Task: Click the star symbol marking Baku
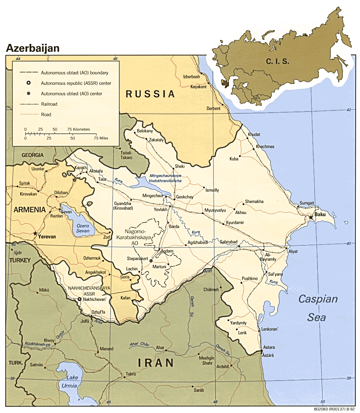tap(311, 217)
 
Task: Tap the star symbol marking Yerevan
tap(35, 233)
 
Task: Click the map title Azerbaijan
tap(32, 48)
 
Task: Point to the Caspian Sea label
tap(318, 308)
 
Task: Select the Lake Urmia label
tap(72, 382)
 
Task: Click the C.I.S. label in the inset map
tap(278, 61)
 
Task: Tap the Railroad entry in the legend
tap(49, 104)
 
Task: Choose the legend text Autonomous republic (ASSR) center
tap(76, 83)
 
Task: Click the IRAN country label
tap(155, 363)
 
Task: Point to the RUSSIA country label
tap(150, 94)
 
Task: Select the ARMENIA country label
tap(30, 210)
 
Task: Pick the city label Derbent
tap(213, 108)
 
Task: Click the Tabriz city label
tap(131, 374)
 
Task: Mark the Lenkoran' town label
tap(271, 329)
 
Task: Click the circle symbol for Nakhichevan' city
tap(80, 299)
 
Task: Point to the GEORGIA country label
tap(32, 155)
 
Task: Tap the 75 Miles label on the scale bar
tap(101, 138)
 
